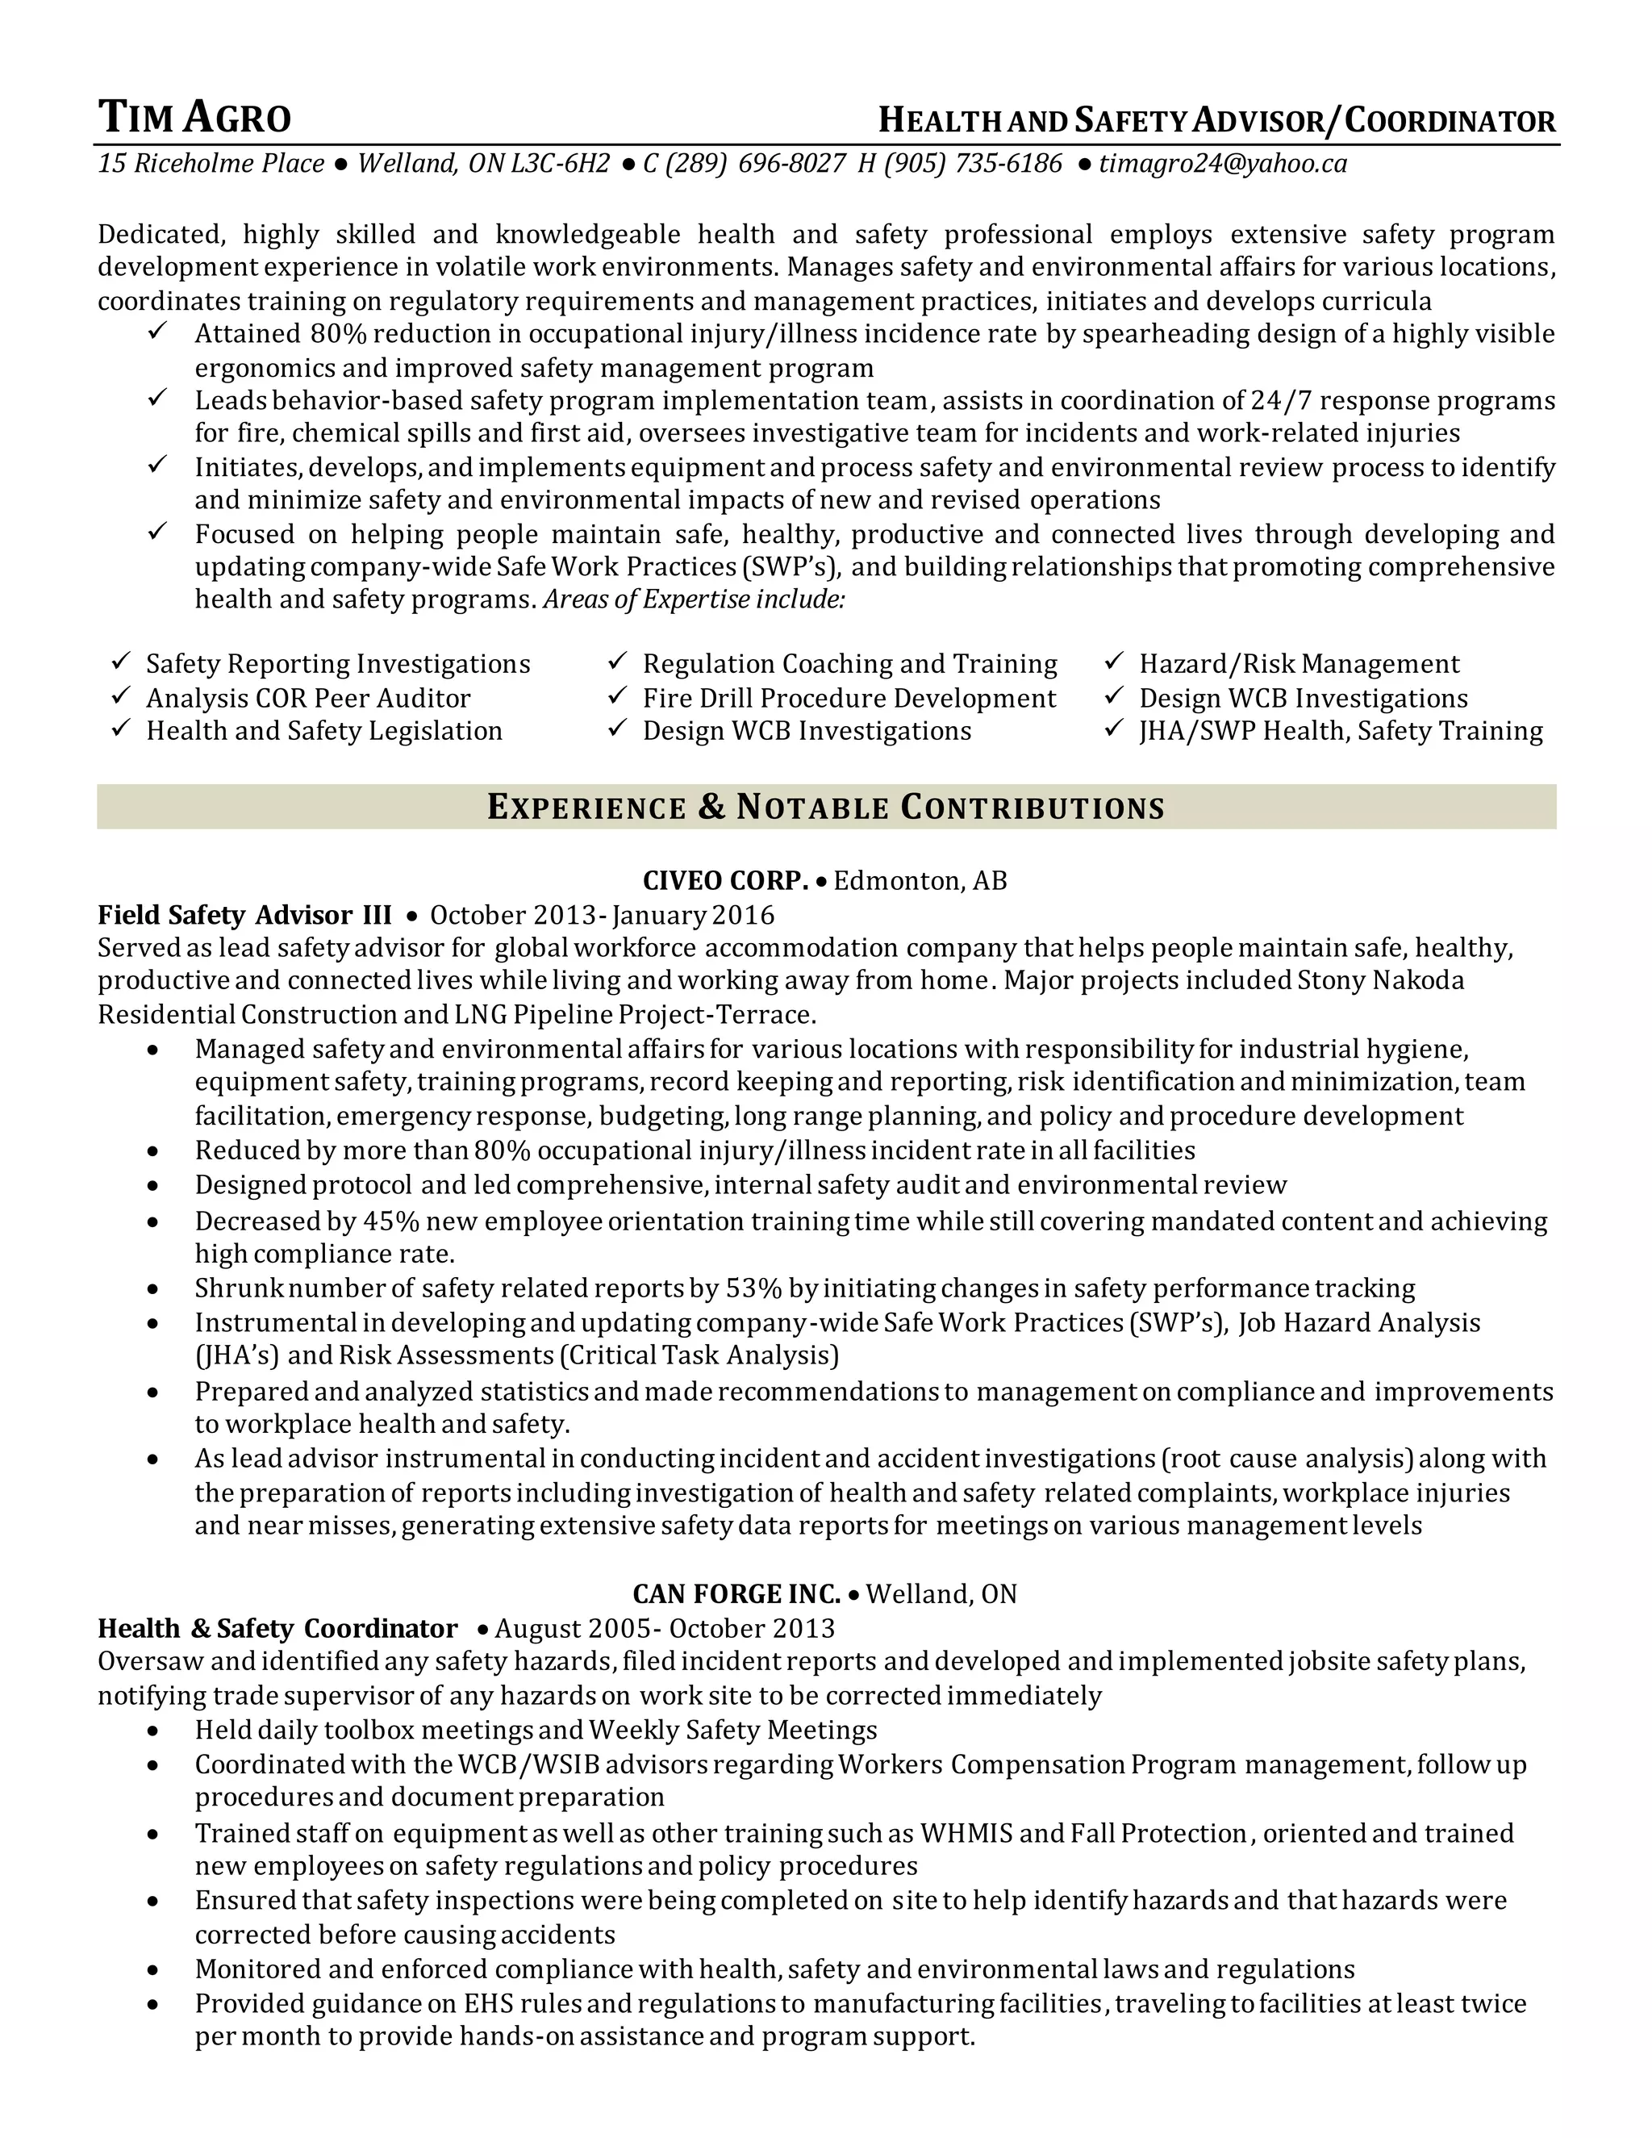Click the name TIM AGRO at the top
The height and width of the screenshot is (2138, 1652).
pos(194,119)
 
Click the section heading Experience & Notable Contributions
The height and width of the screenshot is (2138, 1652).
pos(826,808)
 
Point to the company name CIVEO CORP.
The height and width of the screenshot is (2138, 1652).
pos(725,881)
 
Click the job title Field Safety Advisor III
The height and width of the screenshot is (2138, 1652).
pos(244,916)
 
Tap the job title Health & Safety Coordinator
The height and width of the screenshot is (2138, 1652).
pos(278,1629)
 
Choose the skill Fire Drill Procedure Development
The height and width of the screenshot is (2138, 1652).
pos(849,699)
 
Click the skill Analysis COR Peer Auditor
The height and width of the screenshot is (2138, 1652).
pos(308,699)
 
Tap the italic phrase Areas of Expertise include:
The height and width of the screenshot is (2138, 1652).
pos(693,600)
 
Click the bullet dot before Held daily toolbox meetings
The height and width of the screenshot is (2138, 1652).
pos(152,1731)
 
